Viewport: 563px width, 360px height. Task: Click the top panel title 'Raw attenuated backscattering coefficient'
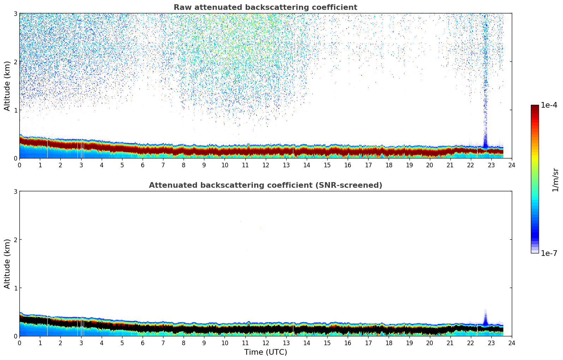pyautogui.click(x=265, y=7)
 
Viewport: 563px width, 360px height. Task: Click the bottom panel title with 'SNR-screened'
pyautogui.click(x=265, y=185)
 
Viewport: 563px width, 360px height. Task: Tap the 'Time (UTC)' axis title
pyautogui.click(x=265, y=352)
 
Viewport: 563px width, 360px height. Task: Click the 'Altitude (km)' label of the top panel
pyautogui.click(x=7, y=86)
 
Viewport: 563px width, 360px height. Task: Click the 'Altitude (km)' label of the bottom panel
pyautogui.click(x=7, y=264)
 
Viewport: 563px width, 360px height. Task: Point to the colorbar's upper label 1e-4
pyautogui.click(x=549, y=105)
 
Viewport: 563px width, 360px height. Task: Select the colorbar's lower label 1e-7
pyautogui.click(x=549, y=253)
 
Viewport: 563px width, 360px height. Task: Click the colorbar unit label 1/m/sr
pyautogui.click(x=555, y=180)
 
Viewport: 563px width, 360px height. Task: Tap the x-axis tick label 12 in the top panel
pyautogui.click(x=265, y=165)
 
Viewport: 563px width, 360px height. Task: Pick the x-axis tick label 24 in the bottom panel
pyautogui.click(x=512, y=343)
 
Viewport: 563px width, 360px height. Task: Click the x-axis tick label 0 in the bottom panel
pyautogui.click(x=19, y=343)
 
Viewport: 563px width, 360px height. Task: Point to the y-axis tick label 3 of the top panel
pyautogui.click(x=15, y=13)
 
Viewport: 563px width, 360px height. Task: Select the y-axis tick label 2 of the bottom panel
pyautogui.click(x=15, y=240)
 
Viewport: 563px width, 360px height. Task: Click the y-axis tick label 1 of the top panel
pyautogui.click(x=15, y=110)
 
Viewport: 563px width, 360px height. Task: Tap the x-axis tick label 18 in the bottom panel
pyautogui.click(x=389, y=343)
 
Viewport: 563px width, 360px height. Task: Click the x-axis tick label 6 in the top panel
pyautogui.click(x=143, y=165)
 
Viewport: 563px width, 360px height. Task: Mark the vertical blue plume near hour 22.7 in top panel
pyautogui.click(x=485, y=88)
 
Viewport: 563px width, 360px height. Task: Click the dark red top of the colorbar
pyautogui.click(x=535, y=108)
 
